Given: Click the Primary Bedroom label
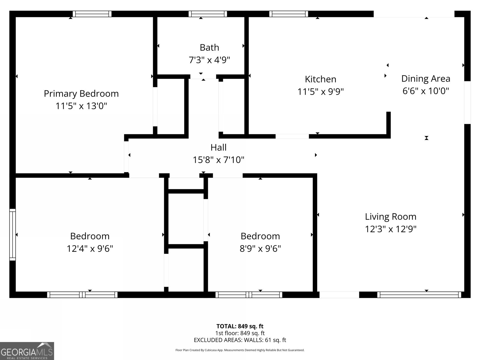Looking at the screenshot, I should [81, 94].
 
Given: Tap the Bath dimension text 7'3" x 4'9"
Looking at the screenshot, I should [209, 60].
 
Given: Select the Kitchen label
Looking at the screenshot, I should [320, 79].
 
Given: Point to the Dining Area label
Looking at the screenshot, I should [426, 79].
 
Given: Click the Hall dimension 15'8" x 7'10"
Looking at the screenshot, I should [218, 160].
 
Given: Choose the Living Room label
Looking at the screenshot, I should [391, 217].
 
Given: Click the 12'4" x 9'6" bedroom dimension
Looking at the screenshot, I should [90, 248].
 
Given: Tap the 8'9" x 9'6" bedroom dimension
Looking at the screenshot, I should [260, 248].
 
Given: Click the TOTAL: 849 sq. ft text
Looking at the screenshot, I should [240, 326].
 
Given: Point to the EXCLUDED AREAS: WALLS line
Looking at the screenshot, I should [240, 340].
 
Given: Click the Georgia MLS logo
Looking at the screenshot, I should [27, 351].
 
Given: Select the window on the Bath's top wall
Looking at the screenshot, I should [208, 14].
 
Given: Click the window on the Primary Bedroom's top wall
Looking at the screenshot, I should [92, 14].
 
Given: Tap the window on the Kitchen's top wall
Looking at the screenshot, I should [289, 14].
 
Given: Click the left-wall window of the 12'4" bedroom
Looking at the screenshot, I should [12, 234].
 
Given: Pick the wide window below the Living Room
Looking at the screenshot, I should [419, 295].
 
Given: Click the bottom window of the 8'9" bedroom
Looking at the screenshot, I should [249, 295].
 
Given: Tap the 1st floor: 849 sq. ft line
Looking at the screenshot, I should [240, 333].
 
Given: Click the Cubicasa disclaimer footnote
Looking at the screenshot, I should [240, 350].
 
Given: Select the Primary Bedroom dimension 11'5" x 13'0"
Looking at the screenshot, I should [81, 106].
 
